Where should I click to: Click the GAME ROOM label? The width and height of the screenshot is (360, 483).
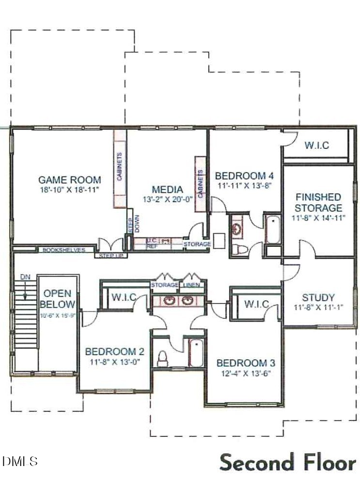[x=70, y=179]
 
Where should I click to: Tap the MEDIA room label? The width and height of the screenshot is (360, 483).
[x=167, y=189]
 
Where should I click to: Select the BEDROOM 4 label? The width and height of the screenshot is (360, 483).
[x=241, y=176]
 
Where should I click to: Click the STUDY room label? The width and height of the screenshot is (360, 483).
[x=318, y=297]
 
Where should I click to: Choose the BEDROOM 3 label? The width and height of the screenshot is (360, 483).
[x=242, y=363]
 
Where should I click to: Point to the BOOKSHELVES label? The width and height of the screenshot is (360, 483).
[x=64, y=250]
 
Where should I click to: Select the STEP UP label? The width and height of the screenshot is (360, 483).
[x=111, y=255]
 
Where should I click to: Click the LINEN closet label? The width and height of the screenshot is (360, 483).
[x=192, y=285]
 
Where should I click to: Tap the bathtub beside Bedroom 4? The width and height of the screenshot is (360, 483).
[x=273, y=230]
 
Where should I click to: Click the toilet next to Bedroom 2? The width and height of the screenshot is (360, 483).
[x=163, y=357]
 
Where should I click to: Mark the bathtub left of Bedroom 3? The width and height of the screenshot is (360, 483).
[x=196, y=353]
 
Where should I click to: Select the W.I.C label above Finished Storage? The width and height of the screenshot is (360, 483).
[x=317, y=145]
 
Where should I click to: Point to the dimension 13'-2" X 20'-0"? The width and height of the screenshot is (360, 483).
[x=167, y=199]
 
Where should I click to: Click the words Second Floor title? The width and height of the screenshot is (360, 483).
[x=288, y=462]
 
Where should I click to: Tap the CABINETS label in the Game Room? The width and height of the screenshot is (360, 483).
[x=120, y=167]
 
